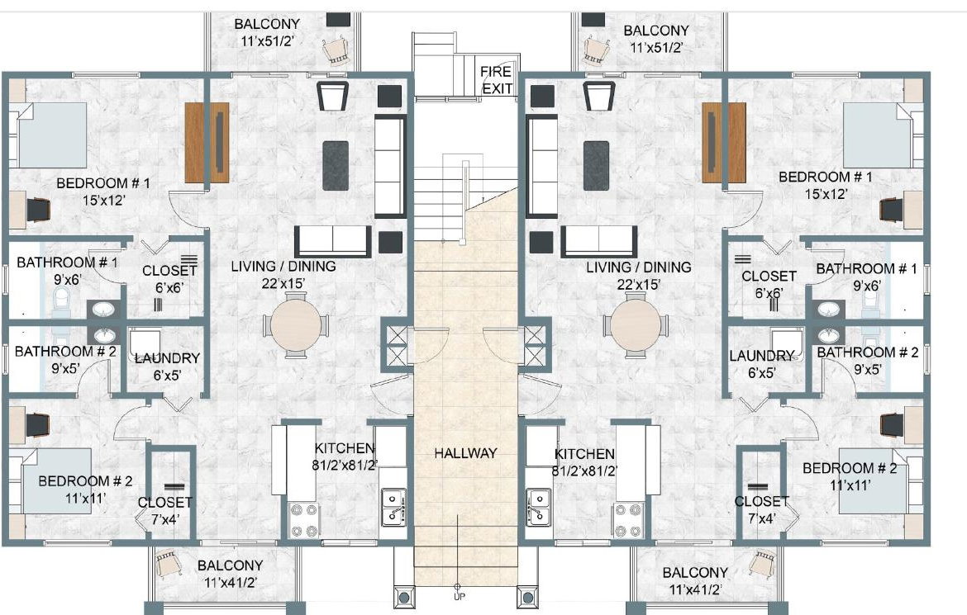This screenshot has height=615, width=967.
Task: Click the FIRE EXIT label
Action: coord(497,80)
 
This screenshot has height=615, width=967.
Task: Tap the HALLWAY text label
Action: coord(465,453)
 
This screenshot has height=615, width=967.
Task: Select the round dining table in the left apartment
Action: coord(296,324)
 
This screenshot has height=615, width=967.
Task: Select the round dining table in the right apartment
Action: coord(636,324)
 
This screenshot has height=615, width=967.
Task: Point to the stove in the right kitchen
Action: coord(628,519)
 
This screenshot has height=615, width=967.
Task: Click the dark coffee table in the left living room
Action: coord(336,165)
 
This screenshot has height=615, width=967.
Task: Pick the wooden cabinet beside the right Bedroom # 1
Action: coord(723,142)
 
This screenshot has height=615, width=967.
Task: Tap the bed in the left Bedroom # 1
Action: coord(50,135)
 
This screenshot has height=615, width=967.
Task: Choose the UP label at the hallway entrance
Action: coord(460,597)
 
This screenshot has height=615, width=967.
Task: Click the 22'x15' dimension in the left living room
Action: coord(283,283)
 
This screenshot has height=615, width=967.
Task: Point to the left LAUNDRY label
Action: coord(167,358)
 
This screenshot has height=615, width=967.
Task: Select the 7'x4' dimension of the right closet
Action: coord(762,519)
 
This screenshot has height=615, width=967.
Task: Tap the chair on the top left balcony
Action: coord(337,50)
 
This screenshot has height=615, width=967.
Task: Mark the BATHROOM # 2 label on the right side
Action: coord(868,352)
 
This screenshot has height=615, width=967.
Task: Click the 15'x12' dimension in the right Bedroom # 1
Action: coord(826,193)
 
